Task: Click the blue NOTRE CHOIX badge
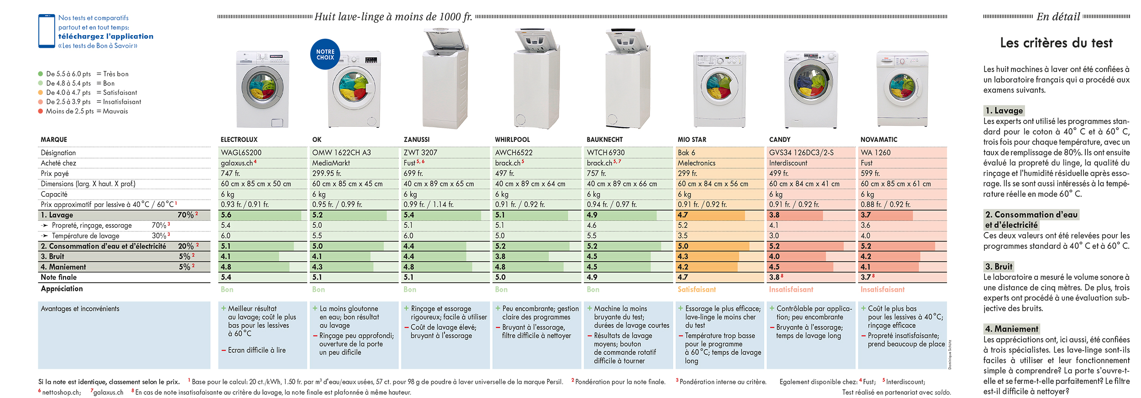325,54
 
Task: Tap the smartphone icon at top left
47,31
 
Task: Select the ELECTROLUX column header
239,140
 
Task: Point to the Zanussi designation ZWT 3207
420,152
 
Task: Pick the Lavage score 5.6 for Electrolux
226,215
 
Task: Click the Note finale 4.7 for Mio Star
683,277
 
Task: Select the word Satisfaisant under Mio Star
696,289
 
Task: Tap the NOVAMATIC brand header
879,140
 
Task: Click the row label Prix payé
55,174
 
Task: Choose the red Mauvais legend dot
41,111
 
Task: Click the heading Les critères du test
1056,43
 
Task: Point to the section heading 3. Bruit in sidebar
999,267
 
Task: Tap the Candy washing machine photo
811,89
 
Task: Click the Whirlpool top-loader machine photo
536,78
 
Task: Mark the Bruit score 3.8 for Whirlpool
500,257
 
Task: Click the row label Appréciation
62,289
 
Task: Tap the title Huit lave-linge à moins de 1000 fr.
393,17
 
